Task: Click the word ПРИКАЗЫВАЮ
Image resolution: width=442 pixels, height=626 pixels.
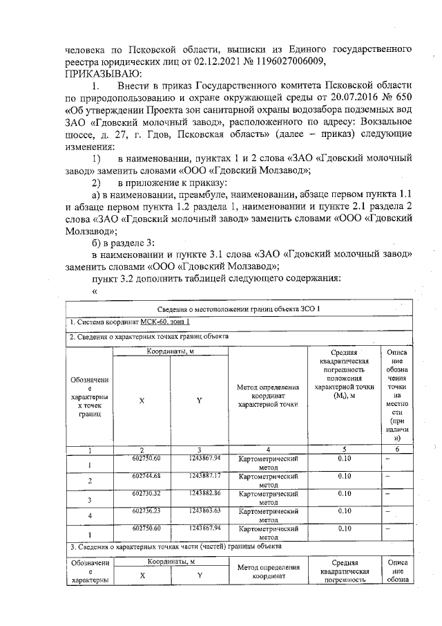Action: (104, 73)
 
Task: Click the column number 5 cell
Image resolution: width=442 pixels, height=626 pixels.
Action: (344, 450)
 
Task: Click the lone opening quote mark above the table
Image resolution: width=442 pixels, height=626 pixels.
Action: (94, 291)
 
